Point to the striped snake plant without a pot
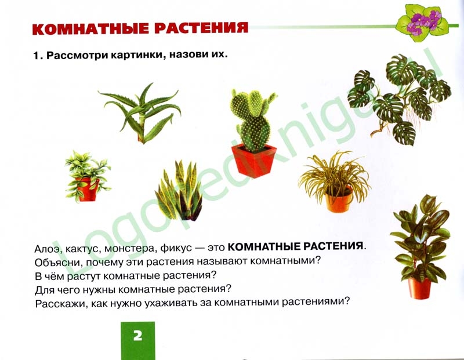click(179, 191)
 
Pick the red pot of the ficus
click(419, 288)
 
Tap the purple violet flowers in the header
click(424, 21)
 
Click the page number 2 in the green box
click(137, 336)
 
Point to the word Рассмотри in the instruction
click(78, 56)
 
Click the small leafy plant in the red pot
click(88, 176)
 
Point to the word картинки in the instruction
click(138, 55)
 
